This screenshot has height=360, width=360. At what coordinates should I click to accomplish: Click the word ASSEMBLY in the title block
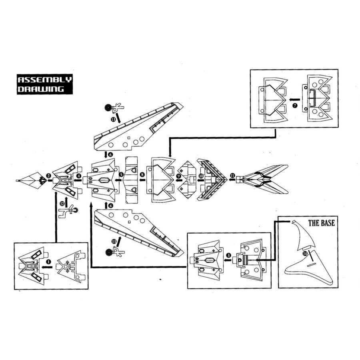click(45, 80)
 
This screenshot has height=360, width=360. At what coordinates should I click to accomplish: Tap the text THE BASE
click(321, 223)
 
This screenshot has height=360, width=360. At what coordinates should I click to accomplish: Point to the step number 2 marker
click(48, 176)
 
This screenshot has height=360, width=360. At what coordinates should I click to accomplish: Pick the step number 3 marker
click(228, 255)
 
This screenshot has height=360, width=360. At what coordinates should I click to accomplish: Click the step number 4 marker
click(79, 176)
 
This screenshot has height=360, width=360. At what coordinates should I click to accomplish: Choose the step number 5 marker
click(121, 175)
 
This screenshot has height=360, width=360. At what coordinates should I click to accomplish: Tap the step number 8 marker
click(142, 175)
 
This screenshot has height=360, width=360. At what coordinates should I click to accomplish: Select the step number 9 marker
click(179, 176)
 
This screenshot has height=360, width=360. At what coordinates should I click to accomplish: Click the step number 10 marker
click(201, 175)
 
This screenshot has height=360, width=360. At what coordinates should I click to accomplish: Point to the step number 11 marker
click(232, 175)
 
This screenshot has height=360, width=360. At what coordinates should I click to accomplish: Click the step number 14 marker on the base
click(305, 254)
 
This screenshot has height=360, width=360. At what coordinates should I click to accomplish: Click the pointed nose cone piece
click(31, 181)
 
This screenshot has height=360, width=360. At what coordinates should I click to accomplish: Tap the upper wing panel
click(136, 128)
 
